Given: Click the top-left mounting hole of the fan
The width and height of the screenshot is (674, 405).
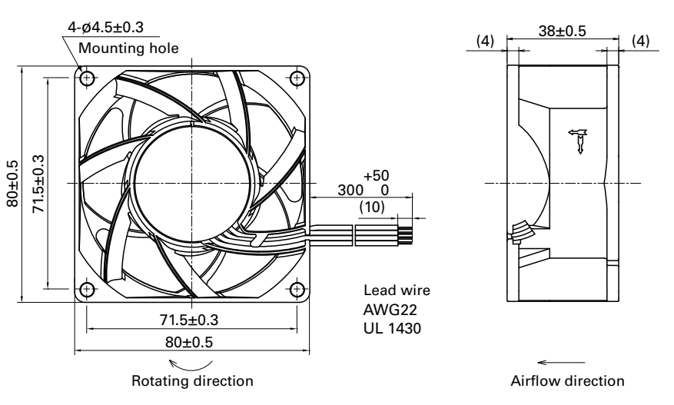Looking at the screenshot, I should click(87, 78).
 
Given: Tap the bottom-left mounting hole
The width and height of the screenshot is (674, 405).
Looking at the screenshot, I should click(87, 289).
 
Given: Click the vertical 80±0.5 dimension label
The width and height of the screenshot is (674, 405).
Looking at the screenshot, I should click(12, 184).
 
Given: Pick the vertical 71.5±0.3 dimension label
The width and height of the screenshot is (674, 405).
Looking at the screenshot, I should click(38, 184).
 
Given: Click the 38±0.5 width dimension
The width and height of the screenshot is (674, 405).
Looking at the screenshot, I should click(563, 32).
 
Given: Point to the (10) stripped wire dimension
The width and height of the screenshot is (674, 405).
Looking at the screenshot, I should click(373, 208).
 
